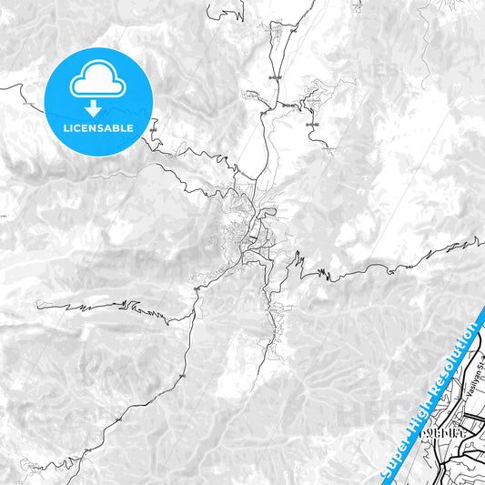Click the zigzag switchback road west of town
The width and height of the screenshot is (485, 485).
pos(136,308)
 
